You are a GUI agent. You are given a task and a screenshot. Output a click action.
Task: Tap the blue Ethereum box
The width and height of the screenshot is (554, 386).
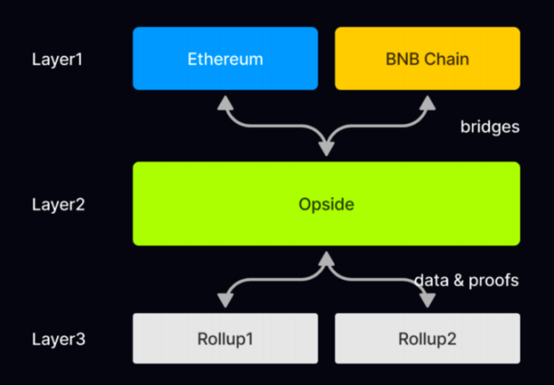tap(225, 59)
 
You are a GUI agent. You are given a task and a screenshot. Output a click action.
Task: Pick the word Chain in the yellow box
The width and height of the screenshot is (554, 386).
tap(443, 60)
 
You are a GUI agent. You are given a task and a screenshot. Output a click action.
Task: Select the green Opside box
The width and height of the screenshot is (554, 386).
tap(326, 204)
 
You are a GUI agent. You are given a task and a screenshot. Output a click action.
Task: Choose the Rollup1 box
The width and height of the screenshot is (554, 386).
tap(225, 339)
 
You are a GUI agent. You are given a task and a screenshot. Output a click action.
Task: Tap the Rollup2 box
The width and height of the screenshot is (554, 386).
tap(427, 339)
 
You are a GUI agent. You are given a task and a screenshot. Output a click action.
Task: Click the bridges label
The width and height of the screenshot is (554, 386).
tap(489, 127)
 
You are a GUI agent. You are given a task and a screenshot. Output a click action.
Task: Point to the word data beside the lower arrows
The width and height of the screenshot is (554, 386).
tap(431, 280)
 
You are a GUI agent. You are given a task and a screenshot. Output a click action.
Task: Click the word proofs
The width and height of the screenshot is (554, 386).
tap(494, 280)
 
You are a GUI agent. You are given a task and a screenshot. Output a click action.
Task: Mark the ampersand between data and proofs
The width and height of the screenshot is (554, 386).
tap(459, 280)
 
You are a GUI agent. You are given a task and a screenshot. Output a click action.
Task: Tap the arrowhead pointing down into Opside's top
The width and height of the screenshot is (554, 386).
tap(326, 153)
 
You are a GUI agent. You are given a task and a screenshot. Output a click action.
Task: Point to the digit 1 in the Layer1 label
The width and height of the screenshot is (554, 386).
tap(82, 60)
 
